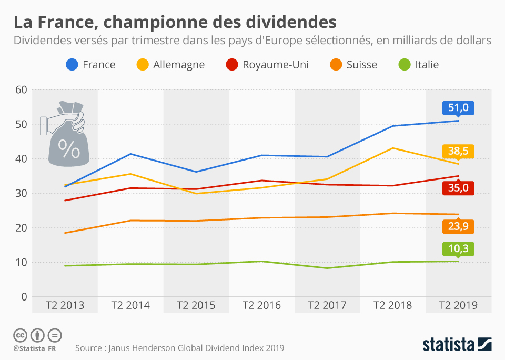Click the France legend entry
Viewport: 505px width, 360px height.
click(x=90, y=65)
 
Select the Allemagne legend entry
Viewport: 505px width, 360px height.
click(x=170, y=65)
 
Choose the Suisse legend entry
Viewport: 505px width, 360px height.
click(x=353, y=65)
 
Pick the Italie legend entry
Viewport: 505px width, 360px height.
click(x=419, y=65)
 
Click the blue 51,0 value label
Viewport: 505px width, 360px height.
click(x=458, y=108)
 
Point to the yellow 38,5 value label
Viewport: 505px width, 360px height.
click(x=458, y=152)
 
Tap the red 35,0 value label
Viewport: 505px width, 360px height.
click(x=458, y=188)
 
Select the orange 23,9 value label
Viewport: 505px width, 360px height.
click(x=458, y=227)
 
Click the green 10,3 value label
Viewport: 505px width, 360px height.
click(x=458, y=249)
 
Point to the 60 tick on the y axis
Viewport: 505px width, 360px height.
click(x=21, y=90)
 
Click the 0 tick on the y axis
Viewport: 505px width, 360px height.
click(x=24, y=297)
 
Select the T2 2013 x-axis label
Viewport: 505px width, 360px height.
click(x=65, y=305)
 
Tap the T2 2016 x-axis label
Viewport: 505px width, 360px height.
click(x=261, y=305)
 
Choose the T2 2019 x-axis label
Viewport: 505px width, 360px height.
click(x=458, y=305)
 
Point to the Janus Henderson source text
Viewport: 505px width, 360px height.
click(x=179, y=348)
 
